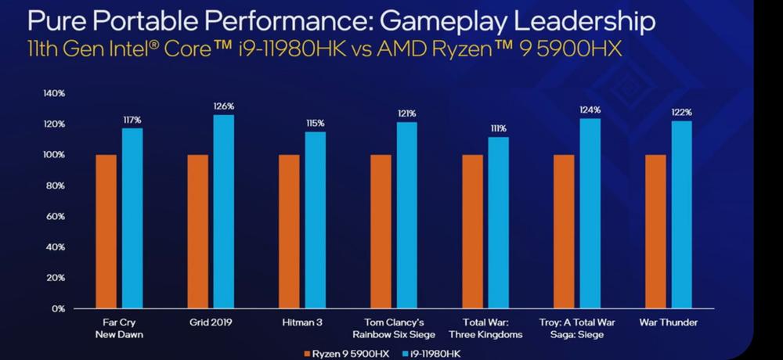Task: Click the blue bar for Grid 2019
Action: click(x=223, y=211)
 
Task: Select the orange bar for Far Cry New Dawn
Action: click(x=106, y=232)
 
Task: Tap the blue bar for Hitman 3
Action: click(x=315, y=220)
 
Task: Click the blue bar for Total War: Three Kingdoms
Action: click(x=498, y=223)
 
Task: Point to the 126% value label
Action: click(x=223, y=106)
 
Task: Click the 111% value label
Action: click(x=498, y=129)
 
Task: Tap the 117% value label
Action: click(x=132, y=120)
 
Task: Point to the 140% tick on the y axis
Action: click(x=53, y=94)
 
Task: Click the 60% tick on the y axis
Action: click(x=56, y=216)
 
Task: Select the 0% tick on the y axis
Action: click(x=58, y=308)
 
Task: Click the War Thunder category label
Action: click(x=668, y=322)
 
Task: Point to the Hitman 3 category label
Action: click(x=302, y=322)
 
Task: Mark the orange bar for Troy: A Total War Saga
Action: click(x=563, y=232)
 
